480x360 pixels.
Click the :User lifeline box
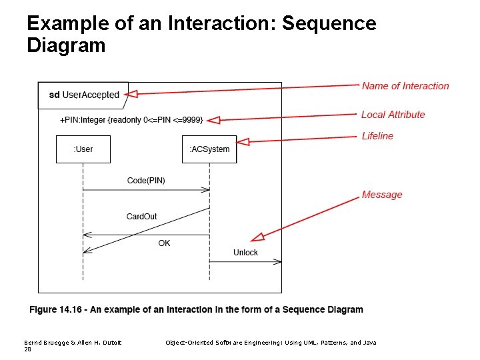click(x=83, y=149)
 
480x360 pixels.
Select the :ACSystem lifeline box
click(x=209, y=149)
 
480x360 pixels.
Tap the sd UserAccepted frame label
click(x=84, y=95)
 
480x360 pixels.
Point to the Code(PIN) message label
click(x=146, y=181)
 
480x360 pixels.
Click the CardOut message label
click(x=141, y=217)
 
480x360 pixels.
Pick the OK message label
click(x=164, y=243)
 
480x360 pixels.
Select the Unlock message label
click(x=245, y=253)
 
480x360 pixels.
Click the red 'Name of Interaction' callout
click(x=405, y=86)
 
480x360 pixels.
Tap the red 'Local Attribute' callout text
click(x=393, y=115)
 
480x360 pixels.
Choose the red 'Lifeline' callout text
click(x=377, y=136)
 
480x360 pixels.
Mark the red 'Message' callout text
click(x=382, y=195)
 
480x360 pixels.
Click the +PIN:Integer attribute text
click(x=131, y=120)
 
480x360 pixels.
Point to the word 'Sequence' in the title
click(x=329, y=24)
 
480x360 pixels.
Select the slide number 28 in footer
click(x=27, y=349)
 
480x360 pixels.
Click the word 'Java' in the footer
click(x=370, y=342)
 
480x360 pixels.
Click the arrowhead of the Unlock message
click(x=278, y=262)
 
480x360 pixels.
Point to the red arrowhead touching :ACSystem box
click(x=242, y=141)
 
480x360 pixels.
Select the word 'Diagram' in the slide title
click(x=66, y=46)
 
